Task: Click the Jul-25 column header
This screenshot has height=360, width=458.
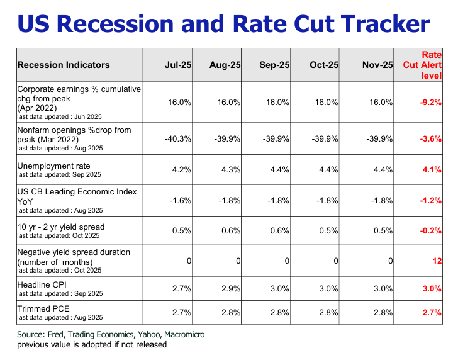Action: pos(178,65)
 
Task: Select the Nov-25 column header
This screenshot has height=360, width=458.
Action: pos(377,65)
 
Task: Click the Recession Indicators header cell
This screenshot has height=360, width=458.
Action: pos(64,65)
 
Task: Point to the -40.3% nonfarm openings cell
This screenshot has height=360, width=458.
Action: pos(179,138)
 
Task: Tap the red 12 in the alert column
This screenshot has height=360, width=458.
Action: pos(437,261)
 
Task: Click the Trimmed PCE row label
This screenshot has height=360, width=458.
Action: pos(43,308)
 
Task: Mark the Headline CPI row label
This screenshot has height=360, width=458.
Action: pos(43,284)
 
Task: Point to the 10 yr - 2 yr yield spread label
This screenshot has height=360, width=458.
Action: pos(60,227)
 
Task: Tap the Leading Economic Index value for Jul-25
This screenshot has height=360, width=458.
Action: pos(181,200)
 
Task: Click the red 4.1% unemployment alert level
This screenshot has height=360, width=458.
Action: pos(432,169)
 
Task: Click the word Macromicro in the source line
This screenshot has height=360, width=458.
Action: pos(182,334)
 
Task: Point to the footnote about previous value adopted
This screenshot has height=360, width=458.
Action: pos(92,344)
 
